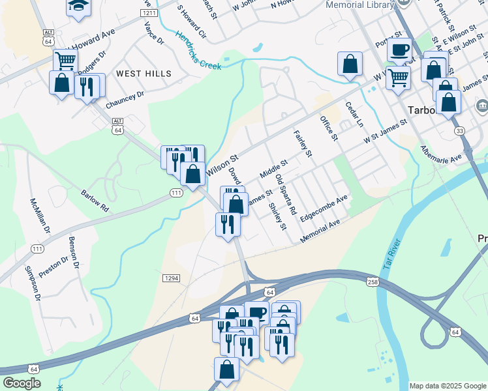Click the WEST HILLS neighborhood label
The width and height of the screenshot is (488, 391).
tap(144, 74)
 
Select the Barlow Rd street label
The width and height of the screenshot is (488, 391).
tap(95, 199)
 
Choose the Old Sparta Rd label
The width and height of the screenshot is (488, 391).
tap(286, 195)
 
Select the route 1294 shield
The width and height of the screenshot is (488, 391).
tap(171, 278)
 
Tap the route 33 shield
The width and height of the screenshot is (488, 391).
tap(460, 131)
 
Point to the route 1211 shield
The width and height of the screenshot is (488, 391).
tap(149, 13)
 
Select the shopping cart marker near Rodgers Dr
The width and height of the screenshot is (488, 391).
tap(65, 61)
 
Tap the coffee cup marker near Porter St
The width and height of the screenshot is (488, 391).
tap(399, 49)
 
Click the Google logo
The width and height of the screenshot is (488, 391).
tap(22, 383)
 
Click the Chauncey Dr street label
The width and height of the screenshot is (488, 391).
tap(124, 99)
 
